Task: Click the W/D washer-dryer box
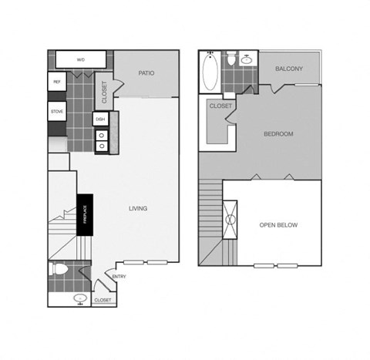(80, 60)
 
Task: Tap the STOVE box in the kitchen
(57, 112)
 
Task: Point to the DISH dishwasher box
(100, 119)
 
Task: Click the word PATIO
(146, 73)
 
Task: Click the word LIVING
(138, 208)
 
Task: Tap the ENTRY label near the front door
(119, 277)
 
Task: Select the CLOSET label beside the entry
(103, 299)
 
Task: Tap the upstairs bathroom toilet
(231, 61)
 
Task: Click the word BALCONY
(290, 69)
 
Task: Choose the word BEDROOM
(278, 133)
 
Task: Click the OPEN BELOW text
(278, 225)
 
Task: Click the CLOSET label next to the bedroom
(221, 106)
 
